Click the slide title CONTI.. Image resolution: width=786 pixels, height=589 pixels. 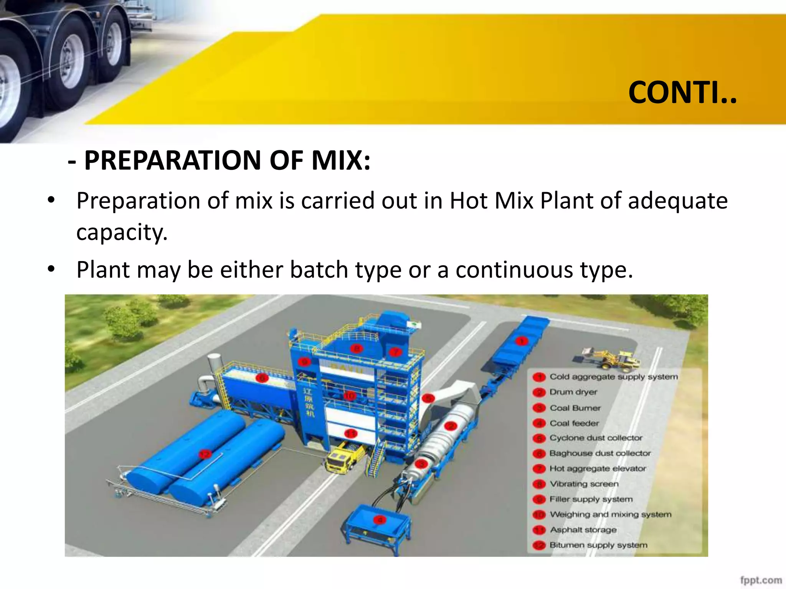(682, 93)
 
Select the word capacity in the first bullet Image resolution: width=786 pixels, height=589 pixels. (122, 232)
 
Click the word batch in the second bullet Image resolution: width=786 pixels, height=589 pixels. (319, 270)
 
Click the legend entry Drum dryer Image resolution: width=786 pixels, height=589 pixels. (573, 392)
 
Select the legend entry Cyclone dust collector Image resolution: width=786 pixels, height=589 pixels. (596, 438)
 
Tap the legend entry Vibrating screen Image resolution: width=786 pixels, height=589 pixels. (584, 484)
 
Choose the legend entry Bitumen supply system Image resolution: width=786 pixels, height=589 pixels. (598, 545)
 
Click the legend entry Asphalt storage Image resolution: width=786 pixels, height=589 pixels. (583, 530)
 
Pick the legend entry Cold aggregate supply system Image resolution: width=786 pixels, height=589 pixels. (613, 377)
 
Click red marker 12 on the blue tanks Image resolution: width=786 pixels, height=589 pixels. (205, 454)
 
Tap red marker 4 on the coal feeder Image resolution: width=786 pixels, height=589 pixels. (380, 520)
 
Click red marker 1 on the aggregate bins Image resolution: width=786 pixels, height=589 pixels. (521, 341)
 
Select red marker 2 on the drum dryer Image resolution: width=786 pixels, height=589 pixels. (451, 426)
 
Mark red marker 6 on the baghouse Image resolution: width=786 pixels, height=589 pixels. (262, 378)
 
